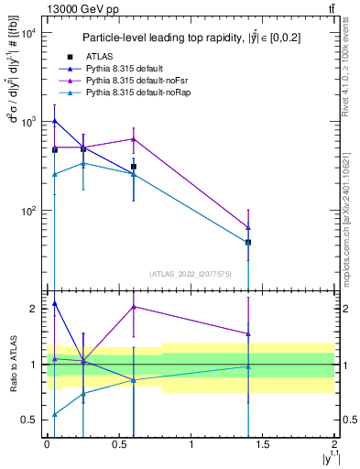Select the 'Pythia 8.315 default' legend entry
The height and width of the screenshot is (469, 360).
pos(128,70)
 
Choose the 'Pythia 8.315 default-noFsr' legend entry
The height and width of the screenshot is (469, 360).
pos(138,82)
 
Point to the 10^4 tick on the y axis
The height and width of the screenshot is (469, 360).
pos(27,33)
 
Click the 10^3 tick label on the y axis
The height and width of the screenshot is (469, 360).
pos(27,122)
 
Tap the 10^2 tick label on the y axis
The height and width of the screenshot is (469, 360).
pos(27,211)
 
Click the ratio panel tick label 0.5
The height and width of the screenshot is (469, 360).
pos(27,420)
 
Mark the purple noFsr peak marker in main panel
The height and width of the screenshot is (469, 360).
pos(134,139)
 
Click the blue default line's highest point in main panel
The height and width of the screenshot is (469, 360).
pos(55,120)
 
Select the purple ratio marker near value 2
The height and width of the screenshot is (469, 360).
pos(134,307)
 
